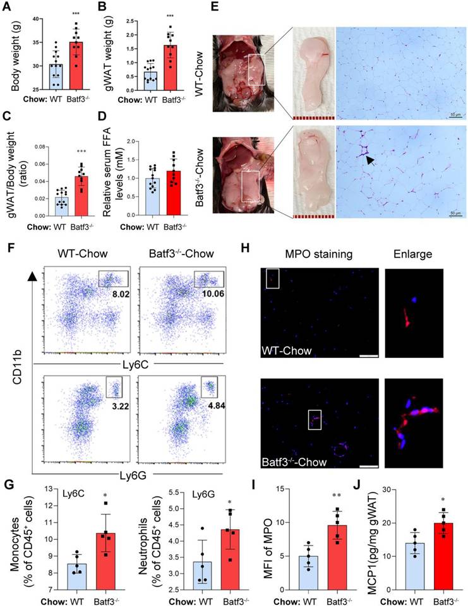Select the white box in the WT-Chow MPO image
tap(272, 278)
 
